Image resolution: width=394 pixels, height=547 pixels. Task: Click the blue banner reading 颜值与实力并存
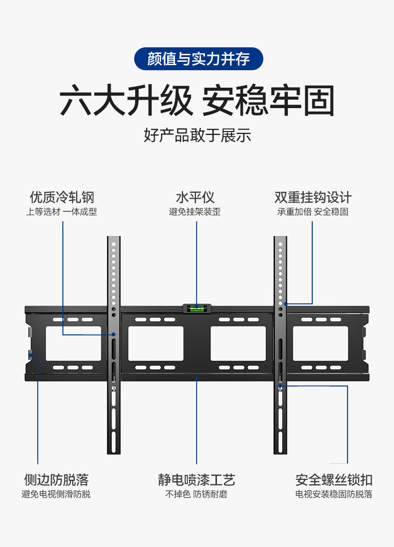198,59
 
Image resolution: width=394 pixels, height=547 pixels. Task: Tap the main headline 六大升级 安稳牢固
197,101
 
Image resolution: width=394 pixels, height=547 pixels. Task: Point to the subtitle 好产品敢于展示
197,135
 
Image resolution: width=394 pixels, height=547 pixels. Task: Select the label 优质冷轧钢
62,197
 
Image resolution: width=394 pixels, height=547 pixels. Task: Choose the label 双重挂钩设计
313,197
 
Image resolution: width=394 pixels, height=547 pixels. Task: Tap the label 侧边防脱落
56,480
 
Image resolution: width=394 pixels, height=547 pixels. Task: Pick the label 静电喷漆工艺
197,480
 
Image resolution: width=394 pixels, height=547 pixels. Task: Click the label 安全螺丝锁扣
334,480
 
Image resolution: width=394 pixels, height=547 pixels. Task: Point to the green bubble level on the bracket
197,308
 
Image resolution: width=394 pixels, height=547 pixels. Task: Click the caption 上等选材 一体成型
62,212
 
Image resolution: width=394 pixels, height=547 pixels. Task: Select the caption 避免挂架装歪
195,212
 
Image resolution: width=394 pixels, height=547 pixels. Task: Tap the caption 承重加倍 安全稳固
313,212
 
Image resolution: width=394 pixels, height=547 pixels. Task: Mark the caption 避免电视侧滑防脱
56,494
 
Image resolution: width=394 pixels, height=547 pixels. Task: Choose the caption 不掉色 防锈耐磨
197,494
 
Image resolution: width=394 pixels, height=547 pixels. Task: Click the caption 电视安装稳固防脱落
334,494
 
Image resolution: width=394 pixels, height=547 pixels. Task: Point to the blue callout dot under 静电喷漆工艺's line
197,378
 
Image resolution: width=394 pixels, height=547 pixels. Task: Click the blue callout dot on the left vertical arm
114,335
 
